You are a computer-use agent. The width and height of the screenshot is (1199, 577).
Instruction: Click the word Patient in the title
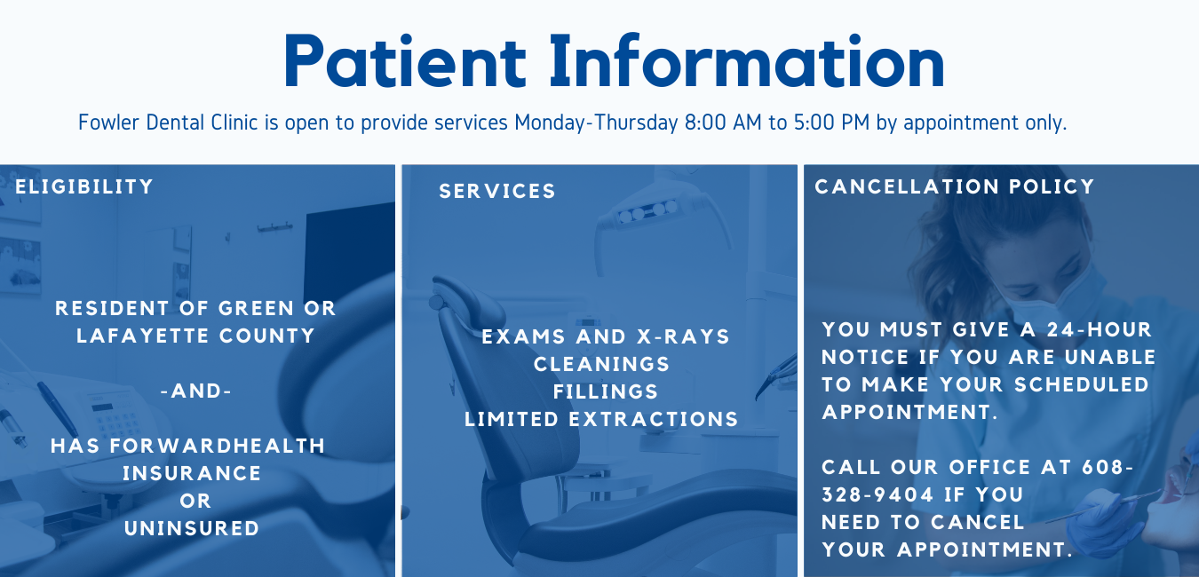tap(405, 60)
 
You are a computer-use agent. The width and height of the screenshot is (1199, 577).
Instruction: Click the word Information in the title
tap(747, 60)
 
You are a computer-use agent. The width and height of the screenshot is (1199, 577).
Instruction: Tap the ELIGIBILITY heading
tap(84, 186)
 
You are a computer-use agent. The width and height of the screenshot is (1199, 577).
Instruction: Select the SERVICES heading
tap(497, 191)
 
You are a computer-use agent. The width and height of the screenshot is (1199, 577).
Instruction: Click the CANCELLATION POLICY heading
tap(955, 186)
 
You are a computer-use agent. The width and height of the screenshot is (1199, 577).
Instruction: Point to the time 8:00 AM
tap(723, 123)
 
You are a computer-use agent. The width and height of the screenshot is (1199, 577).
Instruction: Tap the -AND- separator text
tap(196, 391)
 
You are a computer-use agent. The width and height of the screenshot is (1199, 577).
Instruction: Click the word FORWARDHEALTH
tap(218, 446)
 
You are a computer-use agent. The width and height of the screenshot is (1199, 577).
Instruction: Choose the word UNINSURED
tap(192, 528)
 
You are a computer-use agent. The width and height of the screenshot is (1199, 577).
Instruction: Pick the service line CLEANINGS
tap(601, 364)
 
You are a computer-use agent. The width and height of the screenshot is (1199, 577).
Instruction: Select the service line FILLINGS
tap(606, 391)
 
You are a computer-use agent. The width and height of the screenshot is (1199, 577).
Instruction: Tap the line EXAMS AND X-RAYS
tap(606, 336)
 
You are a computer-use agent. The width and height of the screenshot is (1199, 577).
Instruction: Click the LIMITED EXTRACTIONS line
tap(601, 419)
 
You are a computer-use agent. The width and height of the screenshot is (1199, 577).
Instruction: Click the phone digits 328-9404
tap(877, 494)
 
